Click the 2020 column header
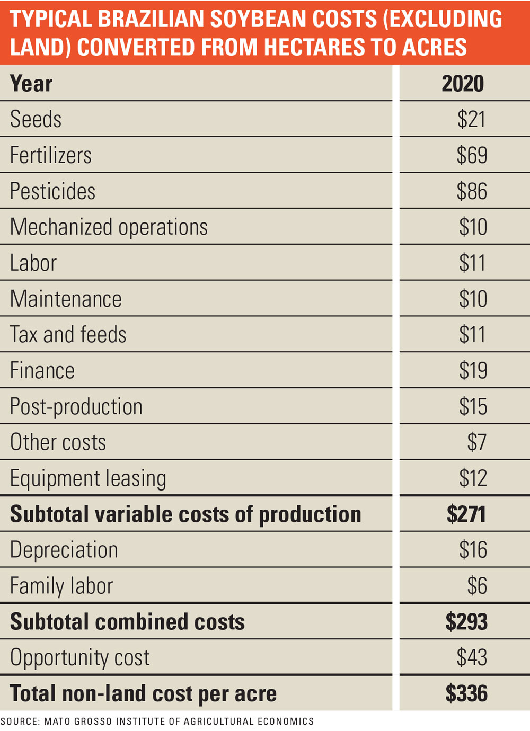point(463,84)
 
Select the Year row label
point(31,84)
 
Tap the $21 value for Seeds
point(472,119)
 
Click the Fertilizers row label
point(51,155)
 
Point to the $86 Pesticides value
point(472,191)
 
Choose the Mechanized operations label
point(109,227)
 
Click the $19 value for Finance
point(473,370)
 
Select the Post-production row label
point(76,407)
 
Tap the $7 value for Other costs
point(476,442)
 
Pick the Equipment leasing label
point(88,478)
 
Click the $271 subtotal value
point(466,514)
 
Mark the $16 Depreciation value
point(473,550)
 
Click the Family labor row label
point(61,586)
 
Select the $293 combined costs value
point(466,622)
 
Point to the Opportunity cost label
point(80,658)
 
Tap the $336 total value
point(466,693)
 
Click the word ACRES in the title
point(435,47)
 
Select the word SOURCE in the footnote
point(20,721)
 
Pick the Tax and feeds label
point(68,335)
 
